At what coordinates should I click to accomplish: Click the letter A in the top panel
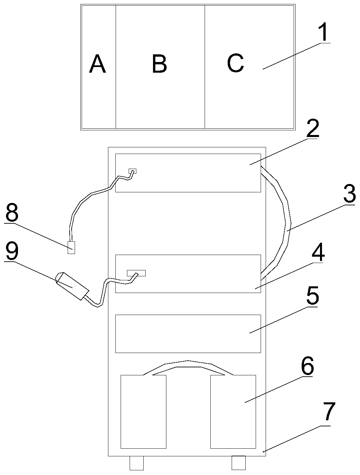point(97,64)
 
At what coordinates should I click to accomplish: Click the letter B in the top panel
point(159,64)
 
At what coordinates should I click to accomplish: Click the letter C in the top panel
point(235,63)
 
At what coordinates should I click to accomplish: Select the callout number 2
point(312,129)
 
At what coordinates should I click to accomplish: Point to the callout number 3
point(349,194)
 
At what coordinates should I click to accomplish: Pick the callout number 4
point(318,253)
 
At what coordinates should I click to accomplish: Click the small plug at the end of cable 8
point(71,248)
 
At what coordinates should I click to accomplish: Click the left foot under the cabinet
point(136,463)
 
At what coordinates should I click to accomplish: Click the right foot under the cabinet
point(238,463)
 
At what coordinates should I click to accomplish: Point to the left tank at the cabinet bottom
point(143,411)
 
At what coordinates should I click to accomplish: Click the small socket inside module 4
point(136,273)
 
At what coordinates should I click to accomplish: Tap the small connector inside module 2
point(133,171)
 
